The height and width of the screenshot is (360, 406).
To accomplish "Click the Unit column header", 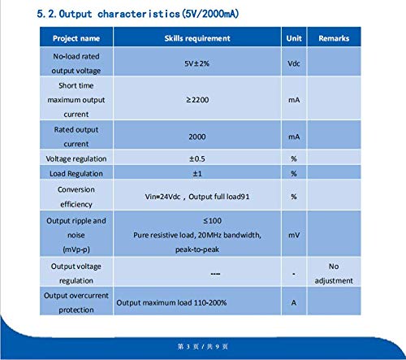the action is click(x=293, y=38).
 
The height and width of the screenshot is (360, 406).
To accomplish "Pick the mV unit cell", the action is click(x=293, y=234).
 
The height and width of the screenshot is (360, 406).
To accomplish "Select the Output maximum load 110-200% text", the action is click(x=171, y=302).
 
